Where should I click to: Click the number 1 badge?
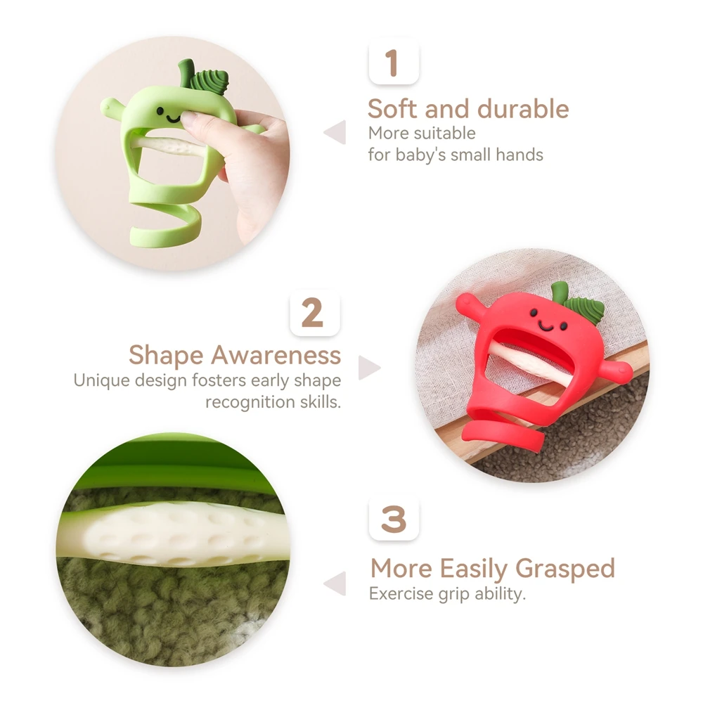coord(394,63)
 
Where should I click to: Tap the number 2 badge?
coord(315,313)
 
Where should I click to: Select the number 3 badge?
coord(394,519)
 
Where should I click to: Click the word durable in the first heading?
coord(523,108)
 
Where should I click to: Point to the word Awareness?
coord(276,355)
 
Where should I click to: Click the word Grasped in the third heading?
coord(565,569)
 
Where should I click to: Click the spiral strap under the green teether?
coord(167,224)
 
